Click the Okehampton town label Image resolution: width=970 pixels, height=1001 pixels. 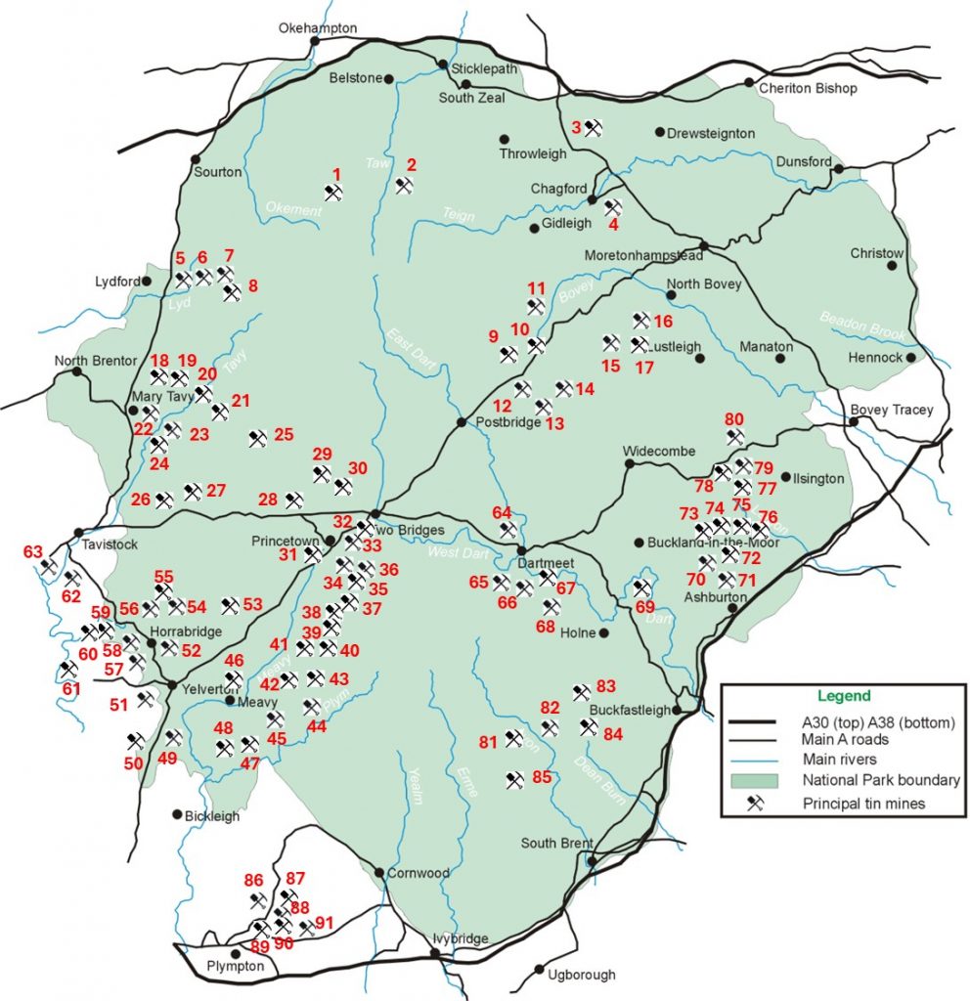tap(318, 28)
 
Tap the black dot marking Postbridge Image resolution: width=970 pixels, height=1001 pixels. tap(462, 422)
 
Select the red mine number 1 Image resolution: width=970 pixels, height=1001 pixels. tap(336, 174)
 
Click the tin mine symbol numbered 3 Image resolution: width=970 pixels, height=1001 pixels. tap(593, 128)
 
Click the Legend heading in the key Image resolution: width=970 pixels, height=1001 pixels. tap(844, 696)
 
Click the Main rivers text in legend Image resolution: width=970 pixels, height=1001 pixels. tap(839, 760)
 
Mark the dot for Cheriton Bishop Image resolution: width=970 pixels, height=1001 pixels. tap(749, 83)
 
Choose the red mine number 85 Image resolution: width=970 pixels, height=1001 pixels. tap(542, 778)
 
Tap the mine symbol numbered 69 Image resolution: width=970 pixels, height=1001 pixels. tap(641, 588)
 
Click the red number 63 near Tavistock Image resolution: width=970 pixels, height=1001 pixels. tap(33, 552)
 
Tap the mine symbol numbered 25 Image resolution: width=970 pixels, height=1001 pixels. tap(257, 440)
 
